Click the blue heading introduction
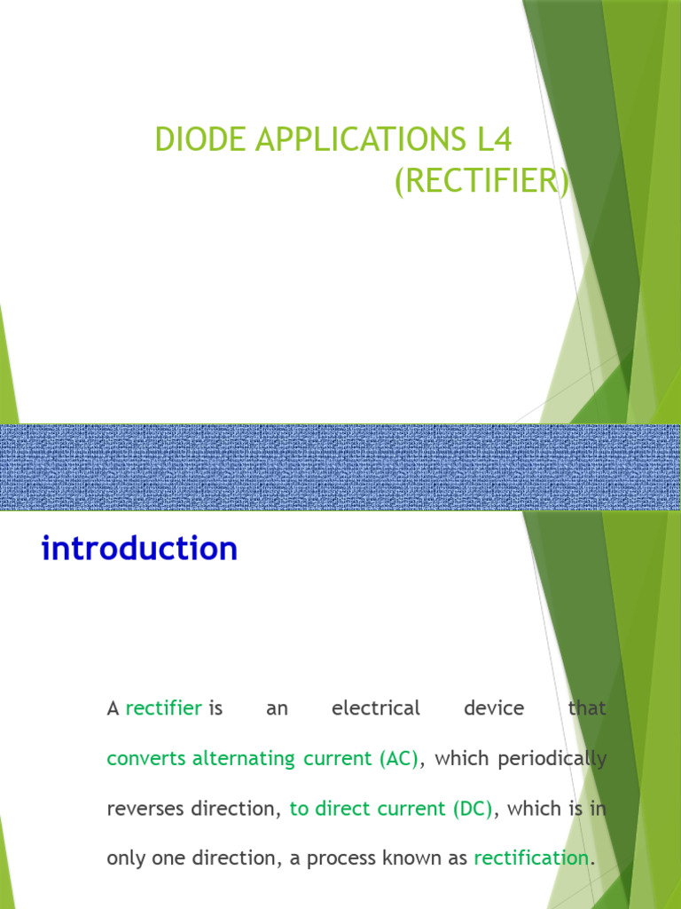click(139, 549)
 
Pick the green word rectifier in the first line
click(164, 708)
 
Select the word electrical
click(375, 708)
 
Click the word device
click(494, 708)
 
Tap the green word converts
click(146, 759)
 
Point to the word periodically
click(552, 759)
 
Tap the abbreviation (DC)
click(472, 809)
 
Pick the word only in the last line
click(124, 858)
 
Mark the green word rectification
click(531, 858)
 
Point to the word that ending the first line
click(587, 708)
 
